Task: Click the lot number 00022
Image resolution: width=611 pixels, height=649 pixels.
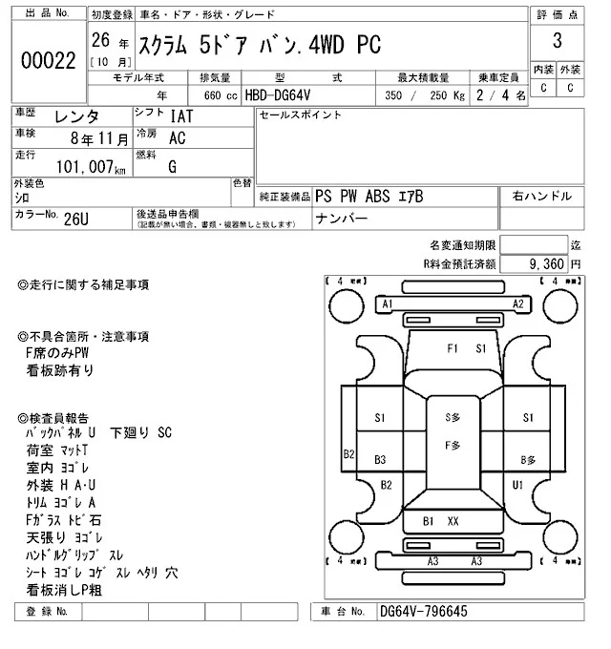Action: click(x=48, y=59)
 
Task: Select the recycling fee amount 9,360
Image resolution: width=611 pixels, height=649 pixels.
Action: click(x=541, y=263)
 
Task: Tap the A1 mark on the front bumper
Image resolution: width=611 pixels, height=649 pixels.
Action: click(x=388, y=304)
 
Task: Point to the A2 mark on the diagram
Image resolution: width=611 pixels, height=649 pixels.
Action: click(x=518, y=304)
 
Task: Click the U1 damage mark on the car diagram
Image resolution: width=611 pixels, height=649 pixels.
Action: click(x=518, y=485)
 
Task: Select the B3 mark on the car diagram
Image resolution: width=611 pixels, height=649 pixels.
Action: click(x=380, y=459)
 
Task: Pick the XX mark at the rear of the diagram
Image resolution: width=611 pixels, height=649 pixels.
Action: click(x=453, y=521)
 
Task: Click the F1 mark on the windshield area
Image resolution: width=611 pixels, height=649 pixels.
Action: click(x=453, y=348)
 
